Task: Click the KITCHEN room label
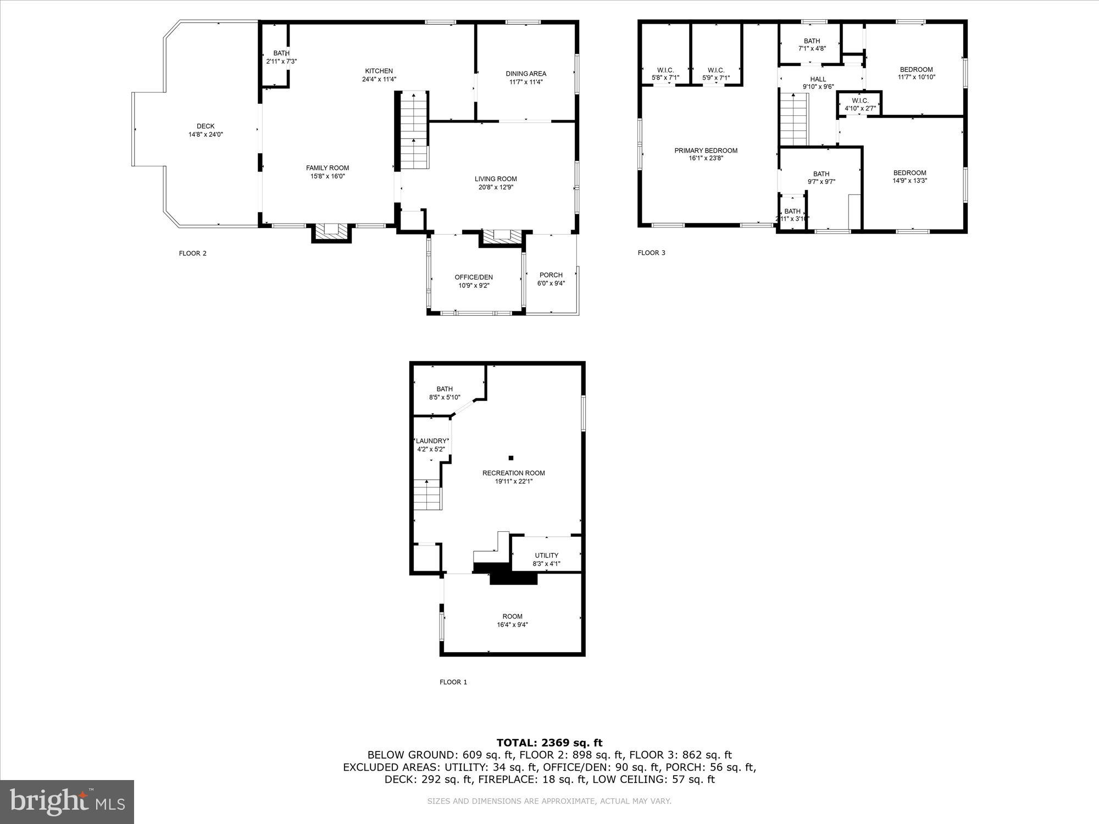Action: [x=379, y=71]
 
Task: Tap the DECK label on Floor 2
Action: [x=206, y=126]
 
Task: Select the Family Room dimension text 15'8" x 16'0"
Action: [x=328, y=176]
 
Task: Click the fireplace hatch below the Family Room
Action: [x=331, y=231]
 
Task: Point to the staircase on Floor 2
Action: [x=413, y=131]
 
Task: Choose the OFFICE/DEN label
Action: [x=473, y=277]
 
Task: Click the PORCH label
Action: [x=551, y=275]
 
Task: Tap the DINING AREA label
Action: [x=526, y=74]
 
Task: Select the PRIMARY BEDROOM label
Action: [x=706, y=151]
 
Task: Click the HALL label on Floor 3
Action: [x=818, y=79]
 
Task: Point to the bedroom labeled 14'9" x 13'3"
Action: [x=909, y=176]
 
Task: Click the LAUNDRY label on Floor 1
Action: [x=431, y=441]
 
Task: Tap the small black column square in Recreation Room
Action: [x=510, y=458]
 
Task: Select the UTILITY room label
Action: [x=546, y=555]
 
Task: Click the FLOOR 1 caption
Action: [x=453, y=682]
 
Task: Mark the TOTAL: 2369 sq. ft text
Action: [x=549, y=743]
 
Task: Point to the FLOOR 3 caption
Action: [x=651, y=253]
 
